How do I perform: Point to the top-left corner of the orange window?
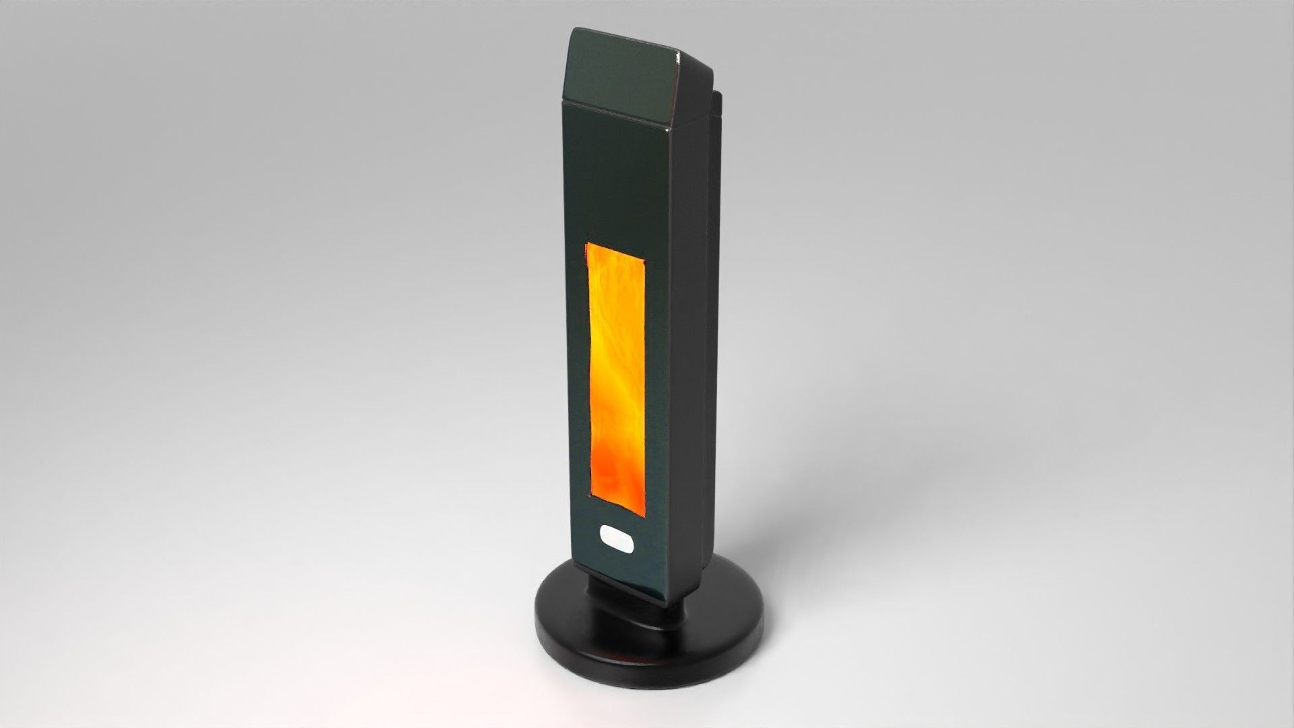coord(588,244)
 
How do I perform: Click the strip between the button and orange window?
coord(616,520)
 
